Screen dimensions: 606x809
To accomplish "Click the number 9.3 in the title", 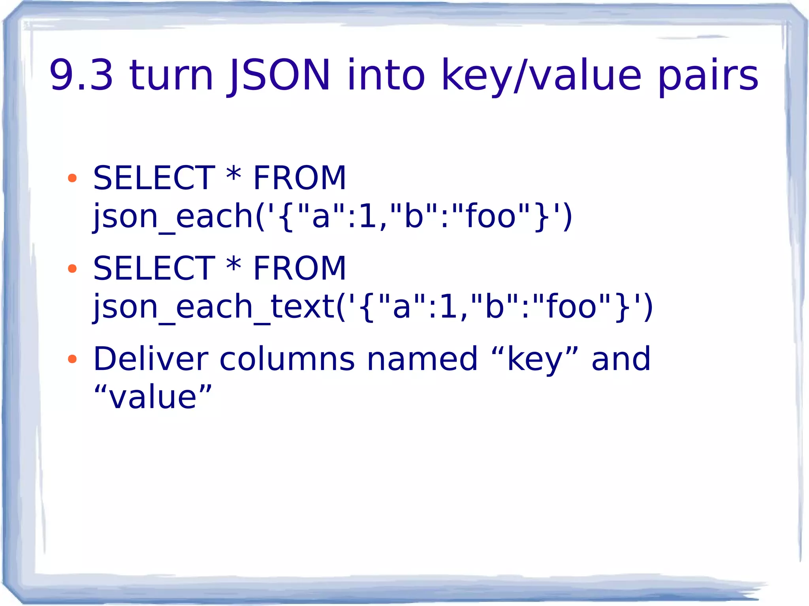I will (81, 75).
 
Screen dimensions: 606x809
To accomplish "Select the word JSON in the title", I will (279, 75).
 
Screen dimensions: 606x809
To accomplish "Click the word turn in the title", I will (171, 75).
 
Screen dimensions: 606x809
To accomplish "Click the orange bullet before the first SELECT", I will (72, 178).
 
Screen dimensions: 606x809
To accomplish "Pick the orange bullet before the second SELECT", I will (72, 268).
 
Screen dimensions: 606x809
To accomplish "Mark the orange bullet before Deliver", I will (72, 359).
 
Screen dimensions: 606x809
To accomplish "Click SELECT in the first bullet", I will (154, 178).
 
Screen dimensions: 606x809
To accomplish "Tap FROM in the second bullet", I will (299, 268).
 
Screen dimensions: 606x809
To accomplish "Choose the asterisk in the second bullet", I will (234, 266).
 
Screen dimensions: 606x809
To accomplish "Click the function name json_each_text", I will (213, 307).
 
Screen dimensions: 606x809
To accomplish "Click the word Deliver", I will (151, 359).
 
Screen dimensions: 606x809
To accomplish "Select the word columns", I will (287, 359).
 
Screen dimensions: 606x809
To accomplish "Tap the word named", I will (422, 359).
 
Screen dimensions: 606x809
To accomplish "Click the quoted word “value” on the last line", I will (153, 397).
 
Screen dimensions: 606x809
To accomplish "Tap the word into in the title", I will (386, 75).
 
